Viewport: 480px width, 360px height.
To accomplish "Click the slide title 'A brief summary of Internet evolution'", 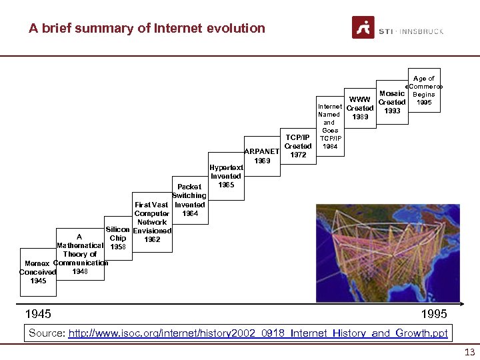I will tap(147, 28).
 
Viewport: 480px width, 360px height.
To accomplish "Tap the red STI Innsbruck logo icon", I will tap(363, 28).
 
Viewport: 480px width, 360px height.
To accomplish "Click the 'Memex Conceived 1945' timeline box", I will tap(38, 271).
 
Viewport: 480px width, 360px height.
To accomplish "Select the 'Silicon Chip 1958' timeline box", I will tap(117, 238).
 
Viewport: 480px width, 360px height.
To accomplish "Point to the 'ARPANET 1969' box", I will tap(262, 155).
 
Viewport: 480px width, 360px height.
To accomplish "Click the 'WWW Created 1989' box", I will tap(360, 109).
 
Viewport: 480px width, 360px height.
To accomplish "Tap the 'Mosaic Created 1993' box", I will tap(392, 102).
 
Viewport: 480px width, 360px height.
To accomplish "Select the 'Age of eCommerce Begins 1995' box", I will tap(424, 91).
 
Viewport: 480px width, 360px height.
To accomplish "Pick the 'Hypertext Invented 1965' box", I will tap(225, 176).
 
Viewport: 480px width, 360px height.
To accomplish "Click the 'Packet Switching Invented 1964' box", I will tap(189, 200).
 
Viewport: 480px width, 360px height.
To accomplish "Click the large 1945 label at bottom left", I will tap(38, 313).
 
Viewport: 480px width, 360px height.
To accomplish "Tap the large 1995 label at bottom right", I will tap(434, 313).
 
